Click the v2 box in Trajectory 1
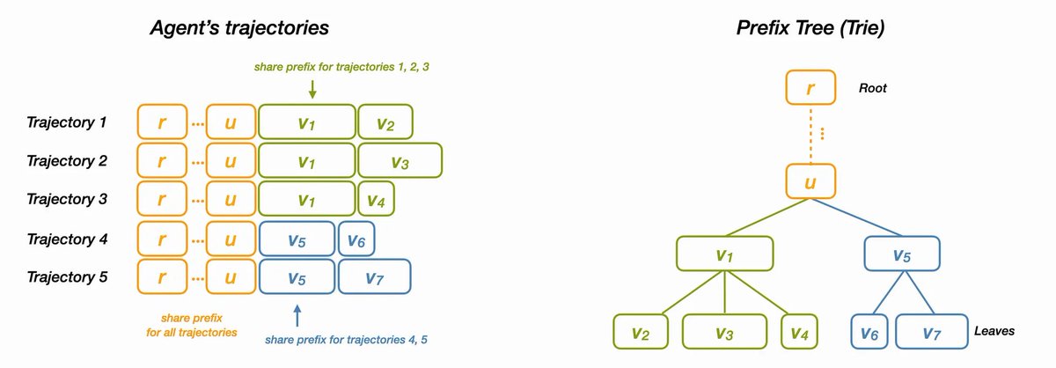click(385, 122)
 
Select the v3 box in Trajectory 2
click(400, 161)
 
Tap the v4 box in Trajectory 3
click(376, 200)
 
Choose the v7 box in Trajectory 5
click(374, 277)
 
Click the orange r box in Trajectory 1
click(160, 122)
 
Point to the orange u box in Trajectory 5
click(230, 277)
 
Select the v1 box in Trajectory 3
click(306, 200)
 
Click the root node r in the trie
click(810, 88)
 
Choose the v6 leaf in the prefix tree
click(869, 332)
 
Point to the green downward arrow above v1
click(312, 90)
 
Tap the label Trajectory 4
click(67, 239)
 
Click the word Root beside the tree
click(871, 88)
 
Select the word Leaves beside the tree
click(994, 332)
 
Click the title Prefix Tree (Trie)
click(810, 28)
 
